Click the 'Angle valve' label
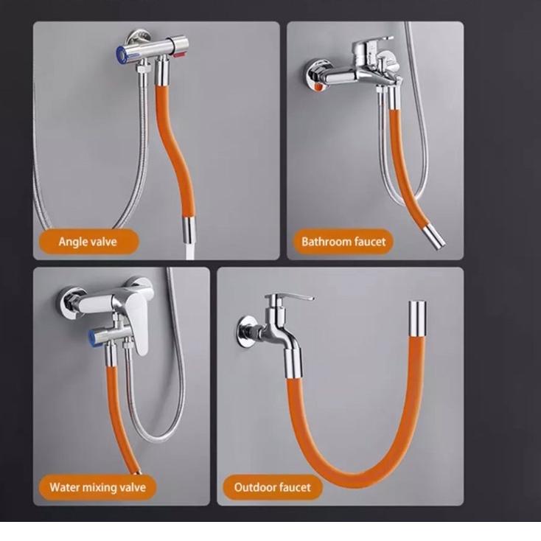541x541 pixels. (88, 242)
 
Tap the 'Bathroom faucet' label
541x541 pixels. (343, 242)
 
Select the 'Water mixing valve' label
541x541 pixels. (97, 487)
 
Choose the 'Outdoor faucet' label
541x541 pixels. (272, 487)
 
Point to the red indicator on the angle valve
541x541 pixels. (178, 55)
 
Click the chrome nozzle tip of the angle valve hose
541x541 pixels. (189, 230)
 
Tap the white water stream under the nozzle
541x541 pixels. (190, 251)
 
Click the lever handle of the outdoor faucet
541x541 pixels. (293, 296)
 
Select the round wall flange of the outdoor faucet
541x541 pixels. (246, 332)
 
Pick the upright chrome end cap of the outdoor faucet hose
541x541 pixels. (417, 318)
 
